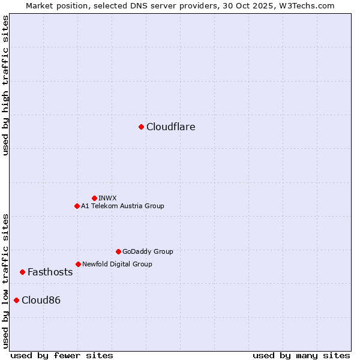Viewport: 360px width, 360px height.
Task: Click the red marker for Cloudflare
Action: pyautogui.click(x=141, y=127)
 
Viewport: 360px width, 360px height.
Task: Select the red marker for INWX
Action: pyautogui.click(x=94, y=198)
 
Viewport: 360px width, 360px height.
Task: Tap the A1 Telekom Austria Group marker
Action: pyautogui.click(x=77, y=206)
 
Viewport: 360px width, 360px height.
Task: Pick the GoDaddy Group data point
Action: pyautogui.click(x=118, y=251)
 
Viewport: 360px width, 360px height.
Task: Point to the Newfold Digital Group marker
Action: pyautogui.click(x=78, y=264)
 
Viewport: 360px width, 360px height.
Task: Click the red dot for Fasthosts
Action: pyautogui.click(x=22, y=272)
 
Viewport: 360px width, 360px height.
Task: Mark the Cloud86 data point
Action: pyautogui.click(x=16, y=300)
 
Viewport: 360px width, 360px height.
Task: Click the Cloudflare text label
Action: pyautogui.click(x=170, y=127)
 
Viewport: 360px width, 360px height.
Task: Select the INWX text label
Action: pyautogui.click(x=107, y=198)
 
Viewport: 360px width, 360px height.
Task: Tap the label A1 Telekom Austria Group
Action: pyautogui.click(x=122, y=206)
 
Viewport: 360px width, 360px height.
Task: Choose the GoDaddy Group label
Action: pyautogui.click(x=148, y=251)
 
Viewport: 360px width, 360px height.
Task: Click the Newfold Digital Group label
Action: pyautogui.click(x=117, y=264)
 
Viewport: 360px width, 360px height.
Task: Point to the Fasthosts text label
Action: pyautogui.click(x=50, y=272)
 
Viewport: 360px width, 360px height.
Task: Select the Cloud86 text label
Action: pyautogui.click(x=41, y=300)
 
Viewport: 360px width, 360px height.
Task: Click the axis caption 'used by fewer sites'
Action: pyautogui.click(x=62, y=355)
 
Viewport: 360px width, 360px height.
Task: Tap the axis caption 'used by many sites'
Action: pyautogui.click(x=301, y=355)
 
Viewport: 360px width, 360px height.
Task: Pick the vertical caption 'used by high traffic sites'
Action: pyautogui.click(x=5, y=86)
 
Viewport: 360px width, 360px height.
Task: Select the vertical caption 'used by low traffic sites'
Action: pyautogui.click(x=5, y=280)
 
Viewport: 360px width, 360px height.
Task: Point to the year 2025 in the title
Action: pyautogui.click(x=269, y=5)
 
